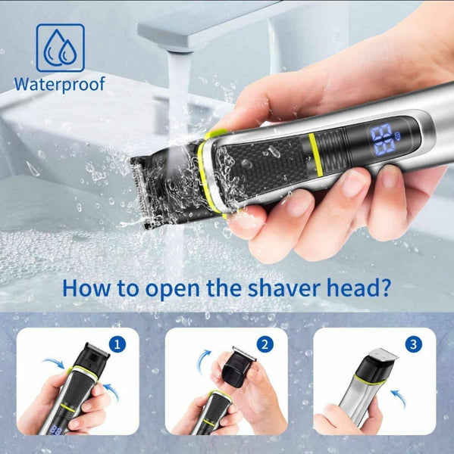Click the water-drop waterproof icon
61,48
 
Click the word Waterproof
59,84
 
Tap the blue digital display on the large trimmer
383,138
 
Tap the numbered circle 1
117,344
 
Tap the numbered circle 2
265,344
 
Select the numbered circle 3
413,344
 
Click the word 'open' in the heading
172,290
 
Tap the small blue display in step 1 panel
55,431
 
